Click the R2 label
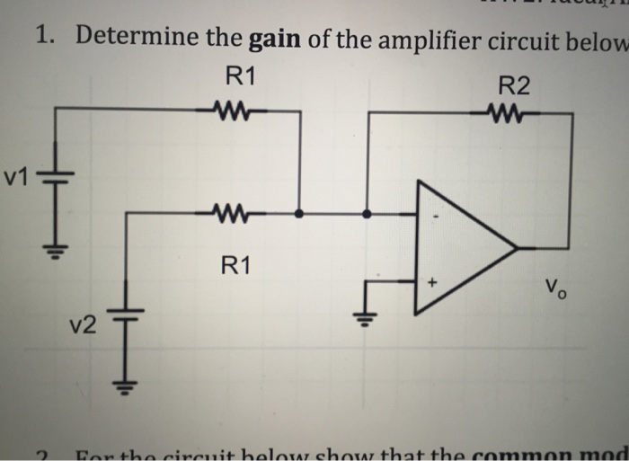[x=513, y=86]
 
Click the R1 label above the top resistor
[x=238, y=76]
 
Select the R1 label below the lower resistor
[x=237, y=265]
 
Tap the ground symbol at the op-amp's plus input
[x=365, y=319]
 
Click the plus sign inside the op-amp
[x=431, y=282]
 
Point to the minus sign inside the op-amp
[x=436, y=216]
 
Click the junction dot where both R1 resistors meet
[x=299, y=214]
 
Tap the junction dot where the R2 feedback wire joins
[x=367, y=214]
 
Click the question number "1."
[x=47, y=38]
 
